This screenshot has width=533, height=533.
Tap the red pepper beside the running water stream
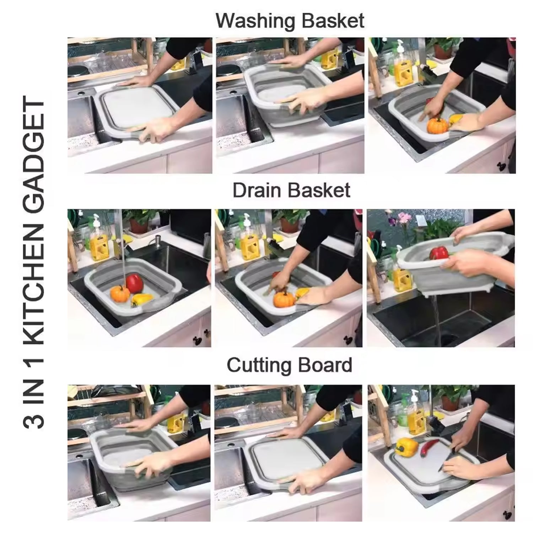coord(134,283)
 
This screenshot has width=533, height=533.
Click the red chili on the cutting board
coord(428,449)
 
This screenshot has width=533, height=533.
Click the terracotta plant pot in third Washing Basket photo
coord(443,52)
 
